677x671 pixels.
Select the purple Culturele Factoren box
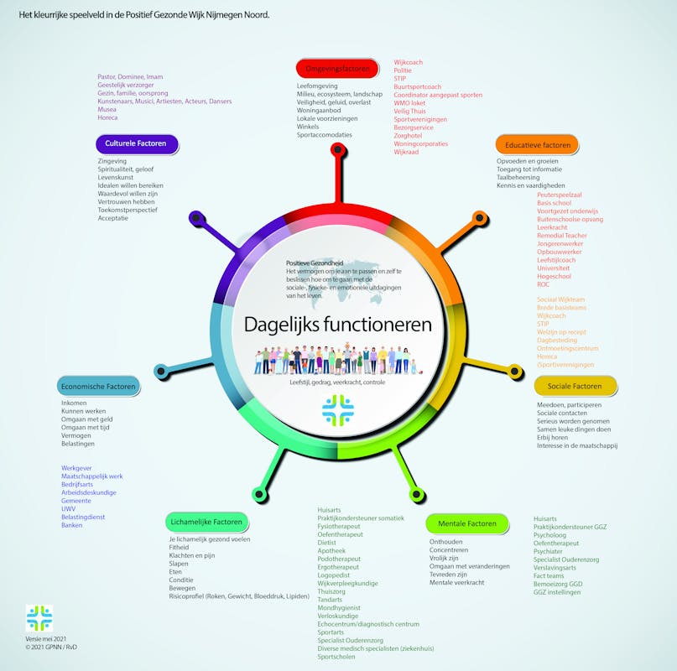136,143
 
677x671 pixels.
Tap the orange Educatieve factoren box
537,144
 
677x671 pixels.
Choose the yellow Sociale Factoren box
575,386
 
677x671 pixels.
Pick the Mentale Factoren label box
467,524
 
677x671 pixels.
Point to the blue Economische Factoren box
98,387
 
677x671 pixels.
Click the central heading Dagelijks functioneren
338,324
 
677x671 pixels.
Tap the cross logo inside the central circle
337,411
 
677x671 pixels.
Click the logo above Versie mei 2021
39,618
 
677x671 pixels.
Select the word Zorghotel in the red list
411,135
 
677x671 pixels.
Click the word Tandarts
331,600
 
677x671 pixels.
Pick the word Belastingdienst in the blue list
83,517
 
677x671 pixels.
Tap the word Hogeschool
554,276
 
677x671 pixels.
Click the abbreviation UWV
68,508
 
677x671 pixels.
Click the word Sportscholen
337,658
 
